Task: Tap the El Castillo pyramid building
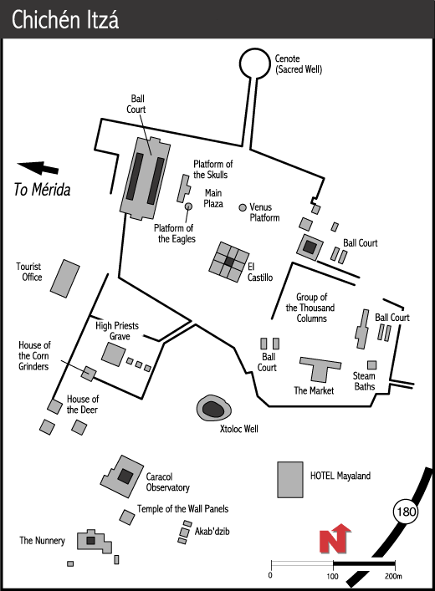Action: pos(229,262)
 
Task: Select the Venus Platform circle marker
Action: pos(243,207)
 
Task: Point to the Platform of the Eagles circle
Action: pos(188,206)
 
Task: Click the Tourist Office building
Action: pos(65,278)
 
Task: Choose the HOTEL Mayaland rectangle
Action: pos(290,480)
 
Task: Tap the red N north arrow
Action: pos(335,539)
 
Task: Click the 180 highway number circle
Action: pos(406,512)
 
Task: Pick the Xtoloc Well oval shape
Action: pos(213,408)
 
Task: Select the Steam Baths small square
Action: pos(372,364)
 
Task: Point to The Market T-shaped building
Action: pos(320,370)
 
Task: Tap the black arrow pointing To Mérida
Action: pos(38,168)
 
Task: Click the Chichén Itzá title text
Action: pos(65,19)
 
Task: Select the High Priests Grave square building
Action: pos(113,354)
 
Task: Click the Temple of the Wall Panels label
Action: pos(182,509)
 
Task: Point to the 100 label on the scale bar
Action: pos(332,576)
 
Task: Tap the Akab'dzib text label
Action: pos(212,531)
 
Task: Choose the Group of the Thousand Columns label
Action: pos(310,308)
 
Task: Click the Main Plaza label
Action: pos(213,198)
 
